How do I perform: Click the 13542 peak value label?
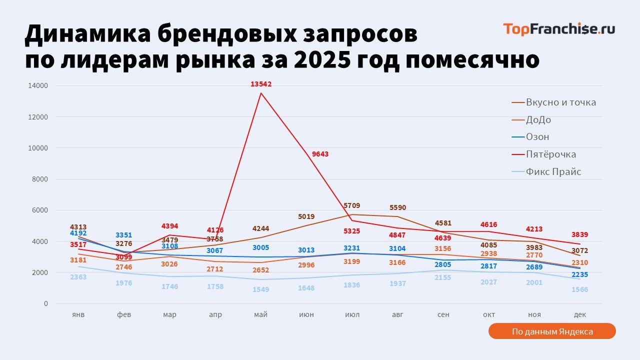point(261,84)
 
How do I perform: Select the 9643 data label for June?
point(320,154)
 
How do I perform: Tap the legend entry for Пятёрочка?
point(550,154)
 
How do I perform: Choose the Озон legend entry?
point(537,137)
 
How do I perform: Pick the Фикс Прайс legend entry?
point(553,172)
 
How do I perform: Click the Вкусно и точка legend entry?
point(560,102)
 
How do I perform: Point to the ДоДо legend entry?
point(538,120)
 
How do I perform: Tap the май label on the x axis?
point(260,314)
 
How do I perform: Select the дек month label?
point(580,314)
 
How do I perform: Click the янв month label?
point(78,314)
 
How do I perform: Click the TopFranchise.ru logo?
point(558,29)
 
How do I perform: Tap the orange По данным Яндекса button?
point(552,331)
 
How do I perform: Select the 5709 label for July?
point(352,205)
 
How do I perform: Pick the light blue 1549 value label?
point(260,289)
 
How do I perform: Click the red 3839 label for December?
point(579,234)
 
